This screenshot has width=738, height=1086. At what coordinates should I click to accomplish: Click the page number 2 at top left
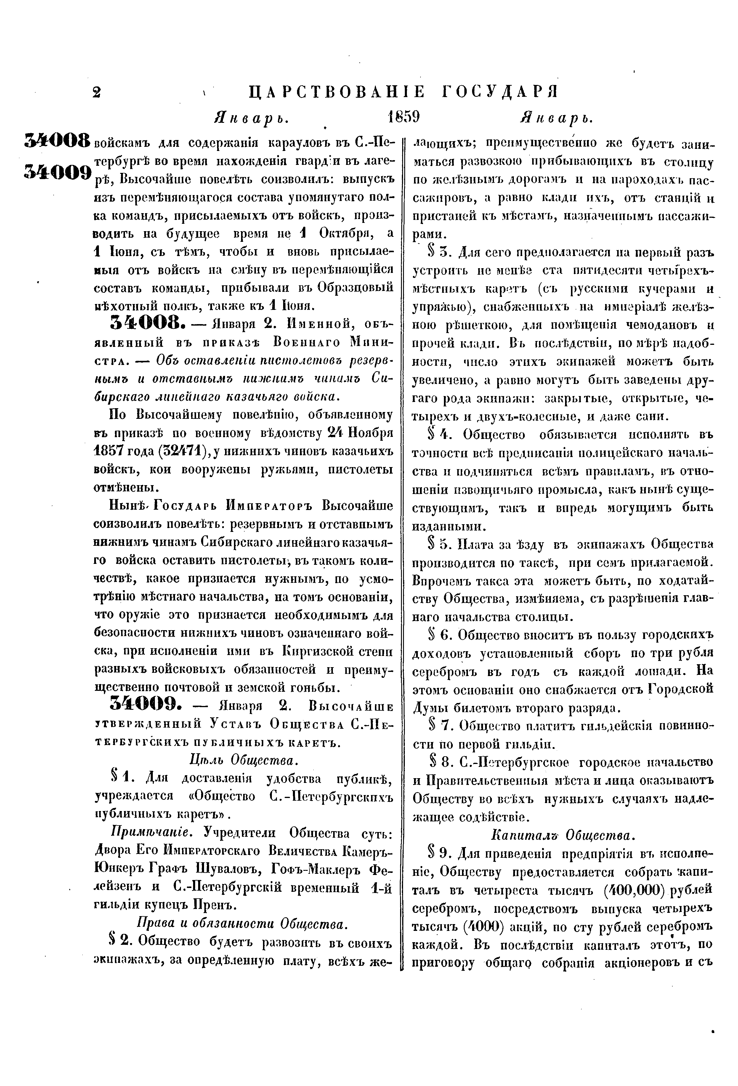click(x=96, y=93)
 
